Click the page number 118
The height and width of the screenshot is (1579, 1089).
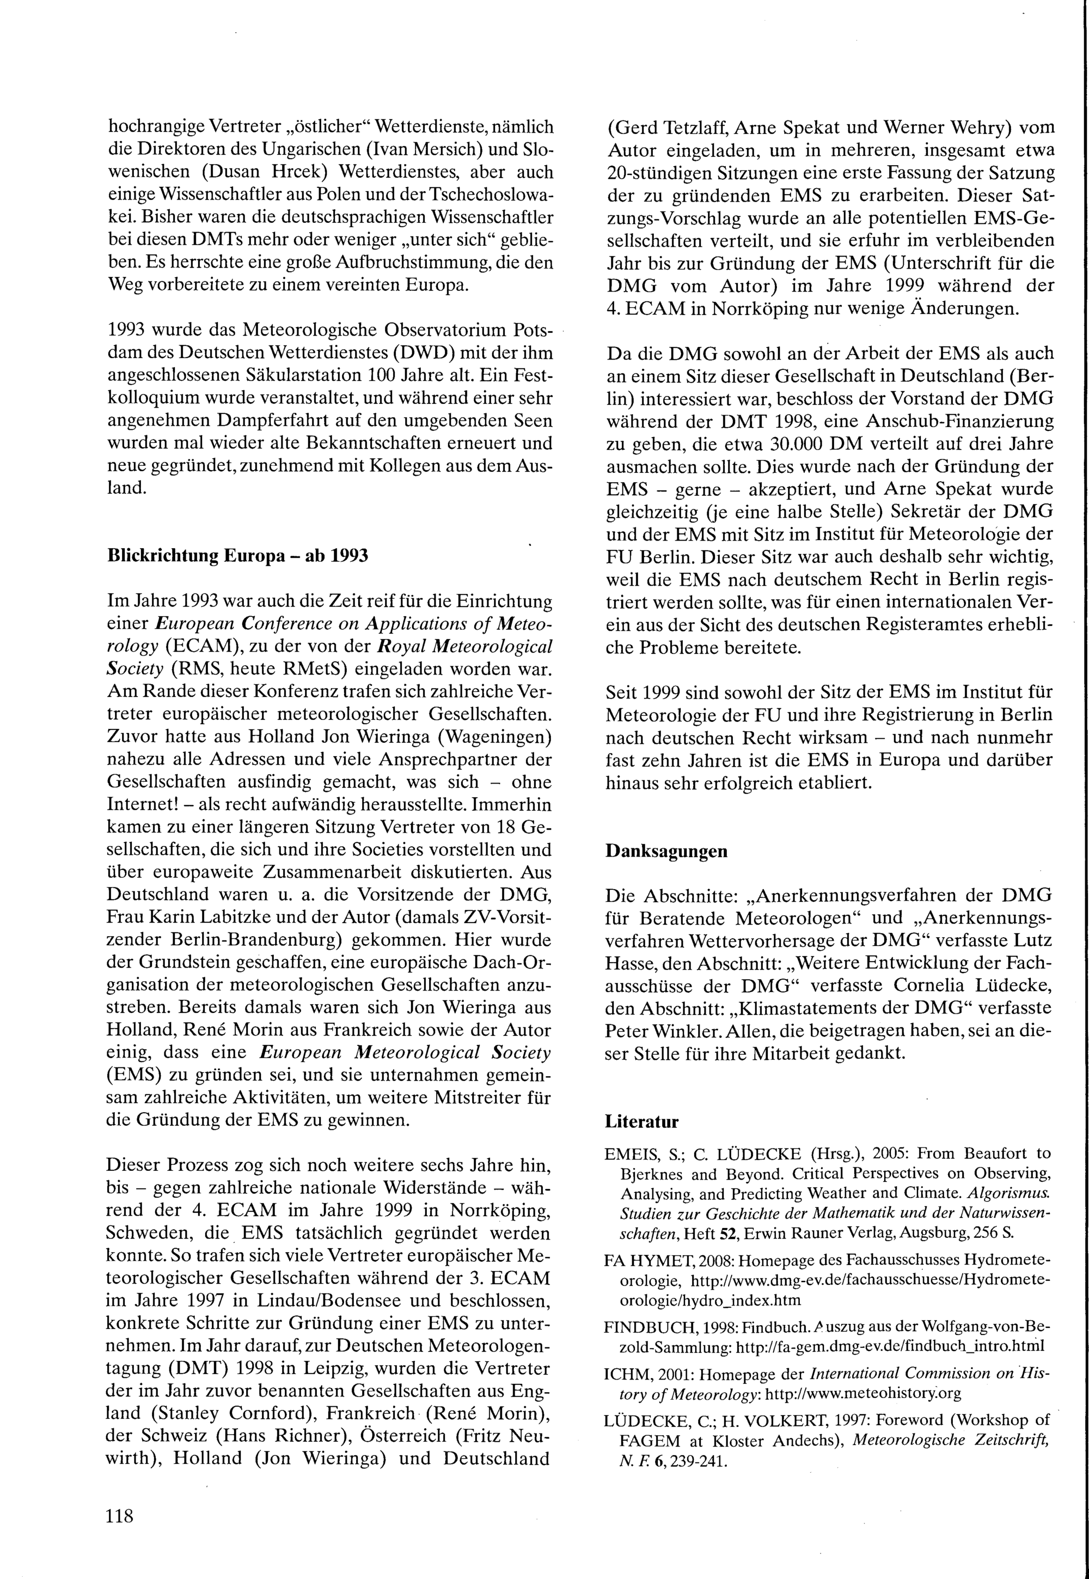click(x=120, y=1517)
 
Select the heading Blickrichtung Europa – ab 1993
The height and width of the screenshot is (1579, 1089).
click(x=237, y=556)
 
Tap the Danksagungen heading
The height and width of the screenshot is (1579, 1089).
click(x=666, y=851)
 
